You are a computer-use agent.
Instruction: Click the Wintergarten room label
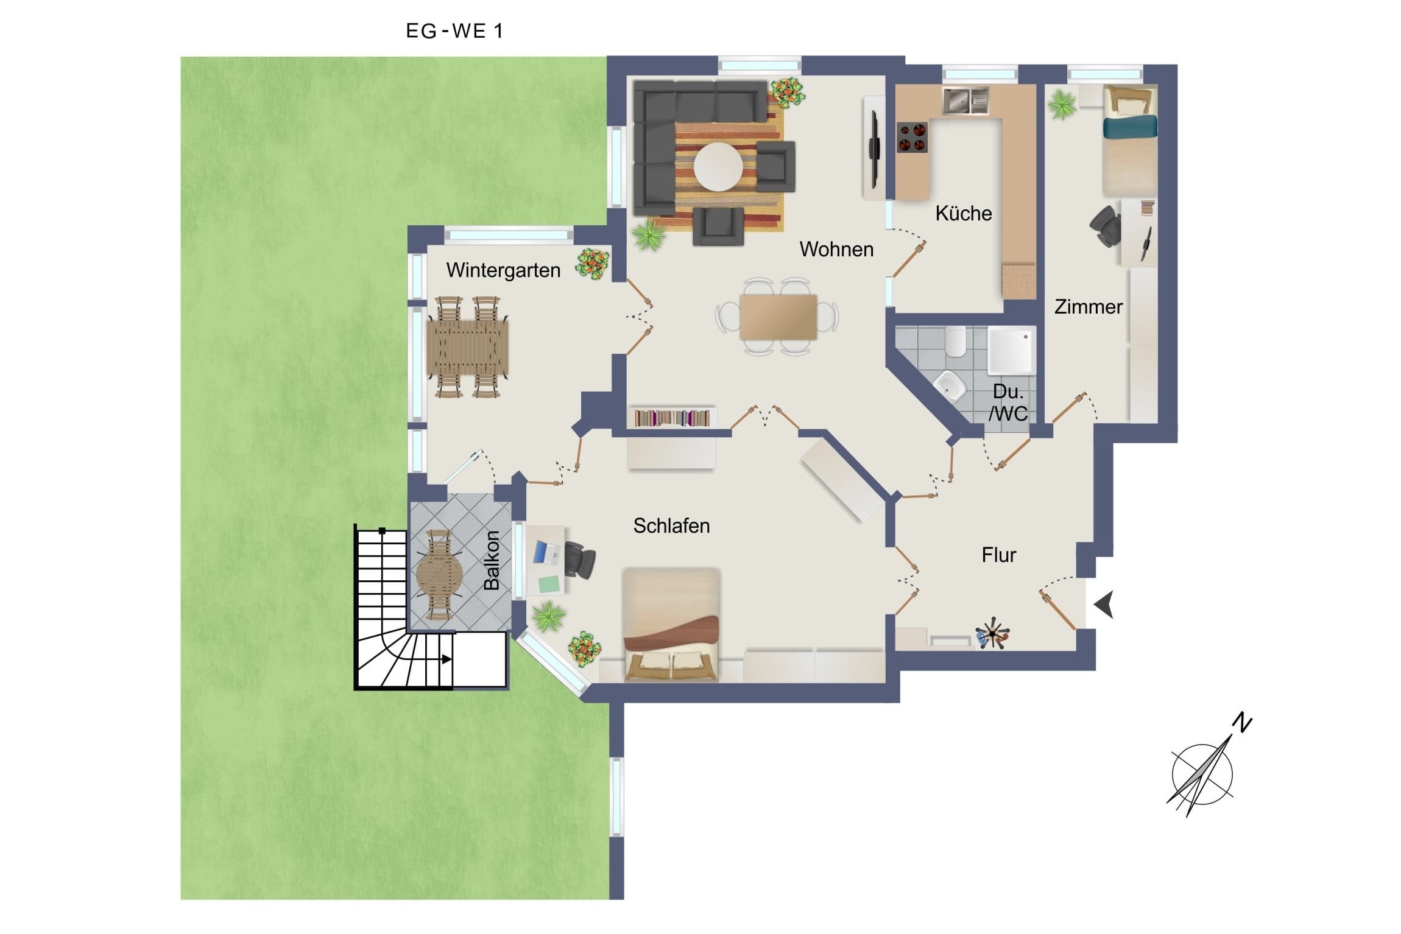[x=503, y=270]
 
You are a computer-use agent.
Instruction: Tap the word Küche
[x=963, y=213]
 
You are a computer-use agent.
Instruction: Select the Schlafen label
[x=671, y=525]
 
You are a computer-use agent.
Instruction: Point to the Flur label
[x=999, y=555]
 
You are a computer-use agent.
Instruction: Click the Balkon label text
[x=492, y=560]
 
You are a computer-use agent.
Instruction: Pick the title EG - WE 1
[x=454, y=31]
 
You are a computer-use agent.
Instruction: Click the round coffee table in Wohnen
[x=718, y=166]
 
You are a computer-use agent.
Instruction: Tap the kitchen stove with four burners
[x=911, y=137]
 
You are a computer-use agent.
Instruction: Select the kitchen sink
[x=965, y=100]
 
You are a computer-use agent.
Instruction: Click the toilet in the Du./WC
[x=955, y=343]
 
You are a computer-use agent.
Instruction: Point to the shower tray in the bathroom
[x=1011, y=349]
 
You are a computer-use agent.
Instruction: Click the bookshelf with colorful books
[x=672, y=418]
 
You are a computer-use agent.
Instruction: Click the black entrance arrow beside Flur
[x=1104, y=604]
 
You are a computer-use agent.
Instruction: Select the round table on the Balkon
[x=439, y=574]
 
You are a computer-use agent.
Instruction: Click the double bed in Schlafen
[x=671, y=625]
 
